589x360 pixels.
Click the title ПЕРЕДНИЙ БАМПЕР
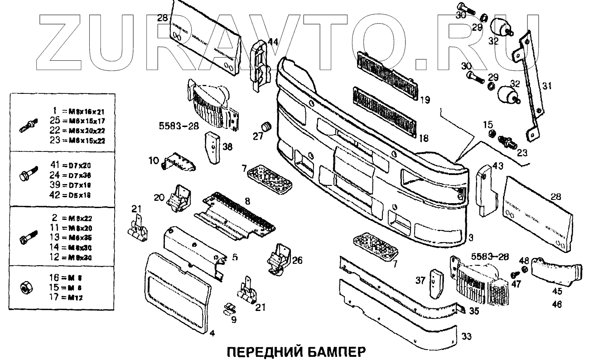pyautogui.click(x=294, y=352)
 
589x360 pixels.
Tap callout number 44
pyautogui.click(x=273, y=42)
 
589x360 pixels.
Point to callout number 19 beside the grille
pyautogui.click(x=425, y=98)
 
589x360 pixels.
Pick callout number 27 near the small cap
pyautogui.click(x=258, y=136)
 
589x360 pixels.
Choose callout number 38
pyautogui.click(x=227, y=146)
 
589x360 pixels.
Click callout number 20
pyautogui.click(x=159, y=197)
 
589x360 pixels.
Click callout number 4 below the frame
pyautogui.click(x=212, y=334)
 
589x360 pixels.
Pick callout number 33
pyautogui.click(x=467, y=336)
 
